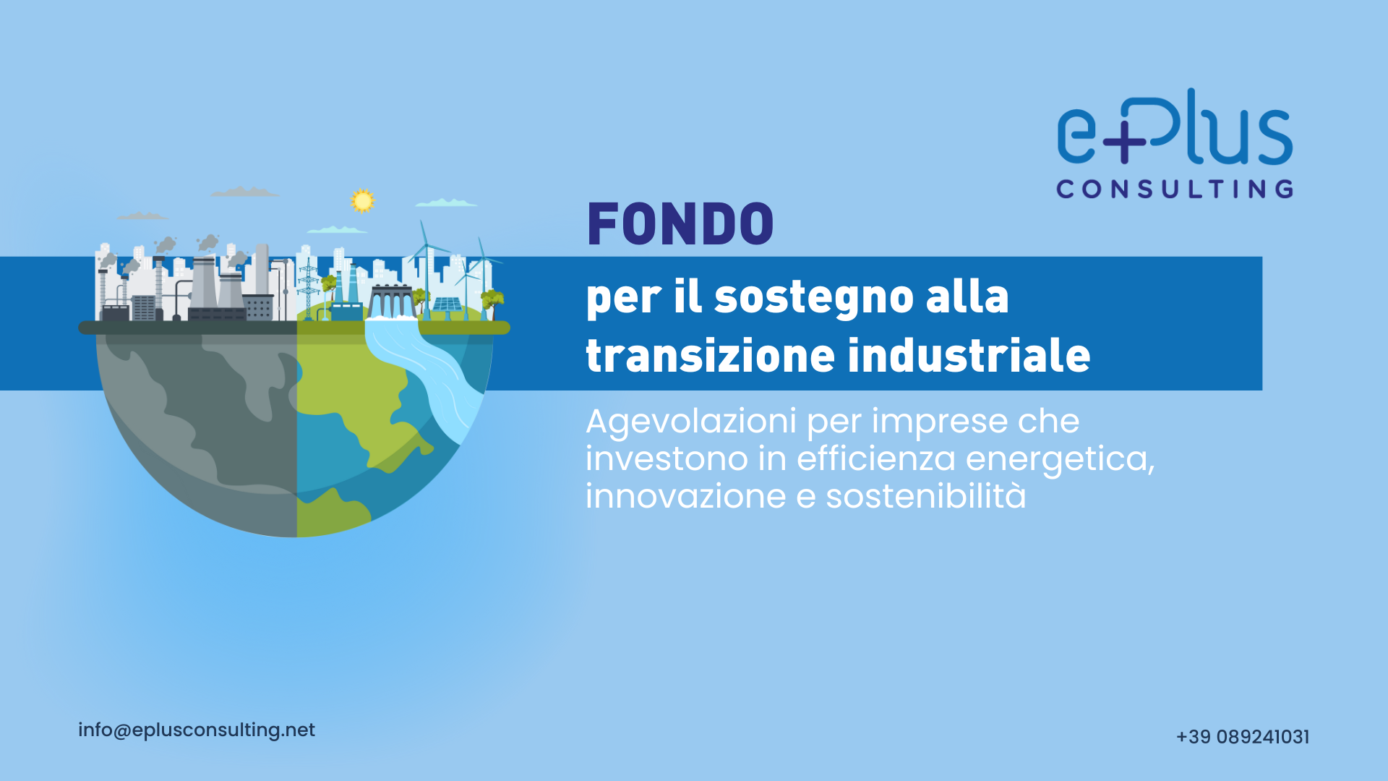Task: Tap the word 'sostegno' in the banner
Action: pos(813,298)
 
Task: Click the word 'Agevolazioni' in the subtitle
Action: pos(691,422)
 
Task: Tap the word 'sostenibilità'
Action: pos(926,496)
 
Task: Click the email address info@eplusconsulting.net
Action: pos(197,730)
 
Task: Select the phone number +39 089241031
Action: pos(1243,737)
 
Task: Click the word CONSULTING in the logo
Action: pos(1175,189)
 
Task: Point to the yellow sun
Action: pos(362,200)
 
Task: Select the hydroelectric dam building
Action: pos(391,300)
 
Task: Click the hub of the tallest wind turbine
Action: pos(426,247)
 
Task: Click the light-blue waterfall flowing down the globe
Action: pos(427,376)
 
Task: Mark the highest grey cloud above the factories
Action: pos(244,192)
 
